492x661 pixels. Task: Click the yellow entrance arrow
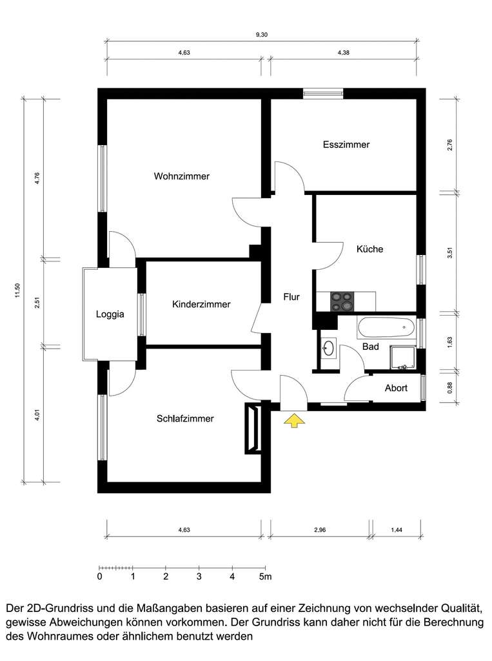(x=294, y=422)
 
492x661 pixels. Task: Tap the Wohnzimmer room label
(x=181, y=176)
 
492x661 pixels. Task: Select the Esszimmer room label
(x=346, y=145)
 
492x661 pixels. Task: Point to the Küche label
(x=370, y=249)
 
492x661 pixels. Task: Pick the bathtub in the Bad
(x=386, y=327)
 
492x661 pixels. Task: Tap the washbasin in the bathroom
(x=328, y=349)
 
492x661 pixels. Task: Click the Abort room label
(x=396, y=388)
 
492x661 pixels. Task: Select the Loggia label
(x=110, y=315)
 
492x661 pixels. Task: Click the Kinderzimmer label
(x=201, y=304)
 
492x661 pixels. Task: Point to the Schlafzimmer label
(x=185, y=418)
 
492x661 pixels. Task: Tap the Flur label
(x=291, y=298)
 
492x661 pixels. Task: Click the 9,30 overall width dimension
(x=261, y=36)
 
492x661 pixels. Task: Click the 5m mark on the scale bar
(x=265, y=576)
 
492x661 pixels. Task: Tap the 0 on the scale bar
(x=99, y=576)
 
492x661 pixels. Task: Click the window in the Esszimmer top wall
(x=323, y=94)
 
